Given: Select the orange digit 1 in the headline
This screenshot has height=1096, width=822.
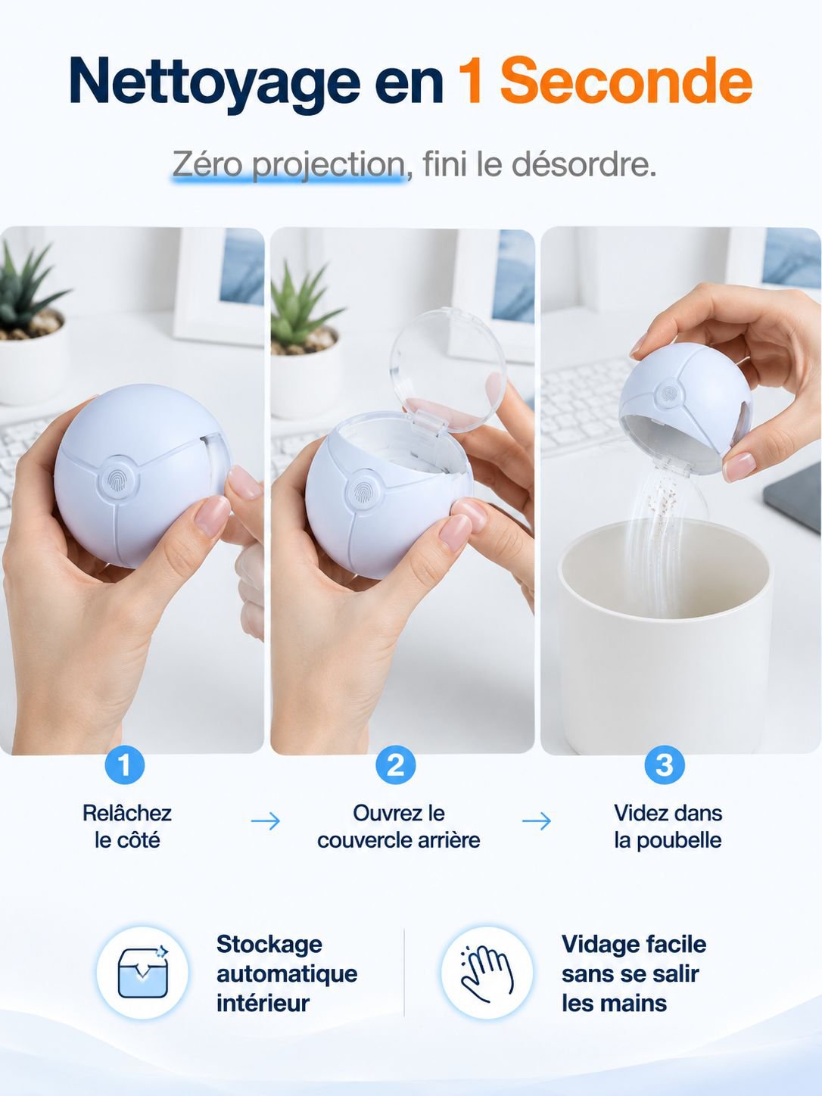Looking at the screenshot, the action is (x=470, y=80).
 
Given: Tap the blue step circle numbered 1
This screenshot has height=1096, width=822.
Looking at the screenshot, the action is (x=125, y=765).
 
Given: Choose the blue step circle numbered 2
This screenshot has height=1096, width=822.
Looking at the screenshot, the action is (x=395, y=765).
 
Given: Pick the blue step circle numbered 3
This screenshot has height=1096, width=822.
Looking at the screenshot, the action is (x=665, y=765).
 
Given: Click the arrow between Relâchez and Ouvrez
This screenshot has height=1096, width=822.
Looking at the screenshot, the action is (x=265, y=821).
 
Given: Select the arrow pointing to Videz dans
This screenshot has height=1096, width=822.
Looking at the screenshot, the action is (x=537, y=821).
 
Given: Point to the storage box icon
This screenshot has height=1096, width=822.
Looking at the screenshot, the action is (x=143, y=972).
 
